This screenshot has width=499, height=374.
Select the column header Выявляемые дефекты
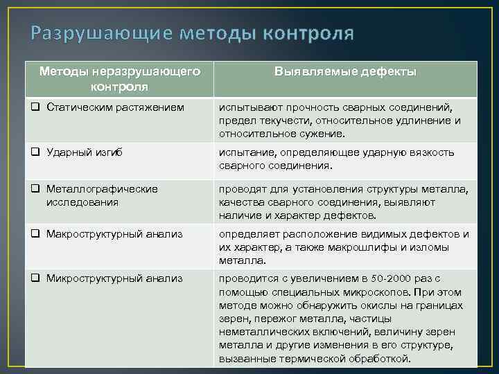tap(345, 72)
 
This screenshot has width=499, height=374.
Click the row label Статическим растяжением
tap(115, 107)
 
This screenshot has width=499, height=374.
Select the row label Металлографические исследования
tap(102, 195)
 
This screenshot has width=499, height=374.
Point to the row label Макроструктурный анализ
tap(114, 234)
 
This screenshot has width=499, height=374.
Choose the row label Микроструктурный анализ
tap(114, 278)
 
